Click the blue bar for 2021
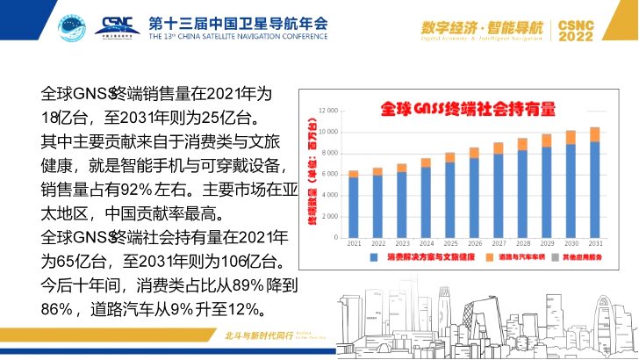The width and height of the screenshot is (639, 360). click(x=353, y=207)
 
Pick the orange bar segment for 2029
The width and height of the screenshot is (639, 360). click(x=546, y=140)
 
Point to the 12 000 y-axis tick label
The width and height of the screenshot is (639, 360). click(x=328, y=112)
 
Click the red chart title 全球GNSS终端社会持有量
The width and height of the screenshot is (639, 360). click(x=469, y=109)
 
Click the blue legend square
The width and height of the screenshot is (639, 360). click(x=373, y=257)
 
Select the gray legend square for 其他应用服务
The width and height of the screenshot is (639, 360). click(x=558, y=257)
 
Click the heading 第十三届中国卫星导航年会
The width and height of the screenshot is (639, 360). click(x=238, y=21)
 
